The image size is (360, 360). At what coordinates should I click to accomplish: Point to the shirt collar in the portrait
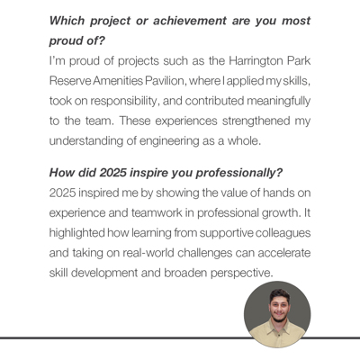pos(267,334)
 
